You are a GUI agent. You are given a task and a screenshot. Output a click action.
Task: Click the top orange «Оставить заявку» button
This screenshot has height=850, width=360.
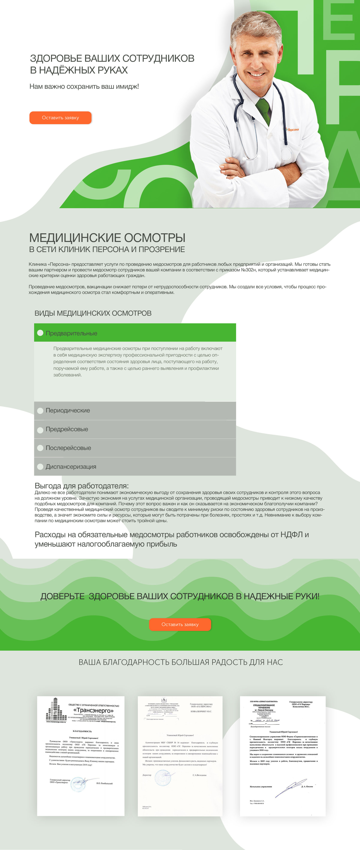pos(60,118)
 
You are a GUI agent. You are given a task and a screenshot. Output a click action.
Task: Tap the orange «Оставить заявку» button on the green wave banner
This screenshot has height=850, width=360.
pos(180,624)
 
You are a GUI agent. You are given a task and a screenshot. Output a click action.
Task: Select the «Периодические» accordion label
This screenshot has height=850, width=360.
pos(68,411)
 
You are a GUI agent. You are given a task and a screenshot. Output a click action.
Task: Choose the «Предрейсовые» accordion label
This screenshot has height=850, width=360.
pos(67,429)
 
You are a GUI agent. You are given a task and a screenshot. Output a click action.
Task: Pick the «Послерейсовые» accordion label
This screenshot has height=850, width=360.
pos(68,448)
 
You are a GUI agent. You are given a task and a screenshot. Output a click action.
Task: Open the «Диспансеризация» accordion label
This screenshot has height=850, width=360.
pos(71,466)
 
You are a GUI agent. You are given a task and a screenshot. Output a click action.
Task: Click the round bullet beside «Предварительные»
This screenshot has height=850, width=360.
pos(40,333)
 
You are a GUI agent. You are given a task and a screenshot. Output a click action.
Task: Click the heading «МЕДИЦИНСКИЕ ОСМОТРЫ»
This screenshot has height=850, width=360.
pos(107,238)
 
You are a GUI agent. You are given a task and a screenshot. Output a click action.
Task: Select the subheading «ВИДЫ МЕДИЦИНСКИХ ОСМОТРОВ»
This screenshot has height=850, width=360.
pos(93,313)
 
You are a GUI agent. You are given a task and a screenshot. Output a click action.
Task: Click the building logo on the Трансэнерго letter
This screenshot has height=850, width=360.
pos(55,709)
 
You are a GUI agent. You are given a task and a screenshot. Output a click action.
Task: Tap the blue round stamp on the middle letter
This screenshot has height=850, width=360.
pos(163,778)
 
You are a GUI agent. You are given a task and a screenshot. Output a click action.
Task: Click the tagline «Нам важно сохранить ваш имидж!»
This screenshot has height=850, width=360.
pos(84,86)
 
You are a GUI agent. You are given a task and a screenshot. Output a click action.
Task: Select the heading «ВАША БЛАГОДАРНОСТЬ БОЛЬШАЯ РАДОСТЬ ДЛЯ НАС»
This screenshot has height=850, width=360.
pos(180,662)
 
